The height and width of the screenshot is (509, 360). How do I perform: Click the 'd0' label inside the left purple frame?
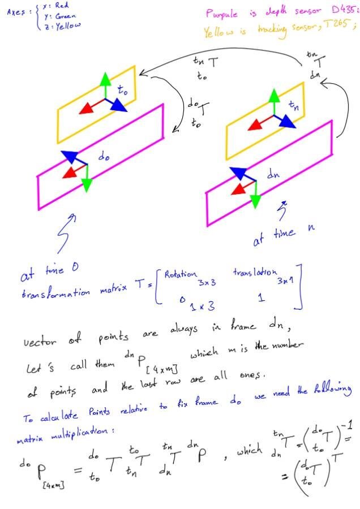pyautogui.click(x=104, y=158)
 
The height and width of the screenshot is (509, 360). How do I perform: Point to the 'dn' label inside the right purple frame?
pyautogui.click(x=272, y=175)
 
